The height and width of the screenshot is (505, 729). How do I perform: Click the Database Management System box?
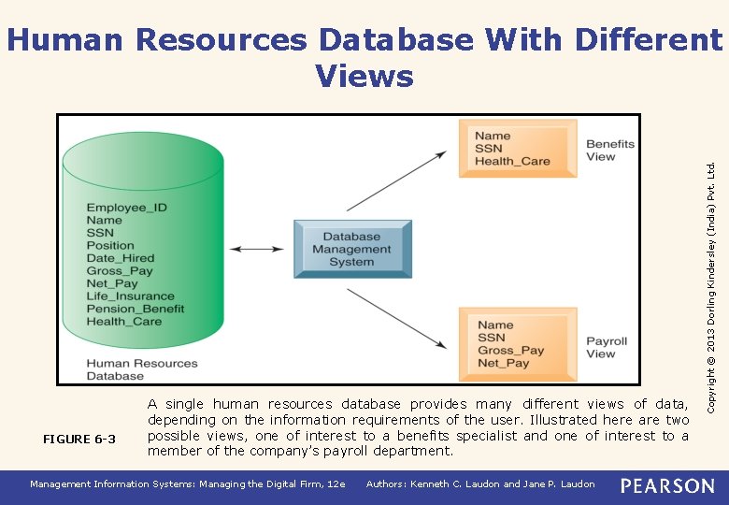point(352,249)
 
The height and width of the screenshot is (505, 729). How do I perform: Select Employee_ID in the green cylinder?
point(126,208)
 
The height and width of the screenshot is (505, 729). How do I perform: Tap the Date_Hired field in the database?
point(120,258)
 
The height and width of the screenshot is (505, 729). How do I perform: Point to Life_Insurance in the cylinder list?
point(130,296)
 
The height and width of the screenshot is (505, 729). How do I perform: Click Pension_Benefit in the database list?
point(135,309)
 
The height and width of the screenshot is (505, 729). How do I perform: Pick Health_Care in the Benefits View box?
point(512,161)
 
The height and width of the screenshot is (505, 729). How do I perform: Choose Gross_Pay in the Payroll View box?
point(510,351)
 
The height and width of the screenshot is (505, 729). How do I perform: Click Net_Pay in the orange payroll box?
point(503,363)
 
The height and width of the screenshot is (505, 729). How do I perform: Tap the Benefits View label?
point(609,151)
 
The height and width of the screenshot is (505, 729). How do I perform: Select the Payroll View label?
point(606,347)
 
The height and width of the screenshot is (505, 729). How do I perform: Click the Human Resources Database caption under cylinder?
point(141,369)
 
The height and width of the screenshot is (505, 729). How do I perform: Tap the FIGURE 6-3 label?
point(79,440)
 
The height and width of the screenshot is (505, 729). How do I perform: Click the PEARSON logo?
point(667,485)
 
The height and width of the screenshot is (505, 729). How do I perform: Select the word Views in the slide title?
point(364,76)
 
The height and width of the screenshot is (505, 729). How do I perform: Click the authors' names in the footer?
point(480,484)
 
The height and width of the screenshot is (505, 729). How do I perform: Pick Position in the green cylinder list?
point(110,246)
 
